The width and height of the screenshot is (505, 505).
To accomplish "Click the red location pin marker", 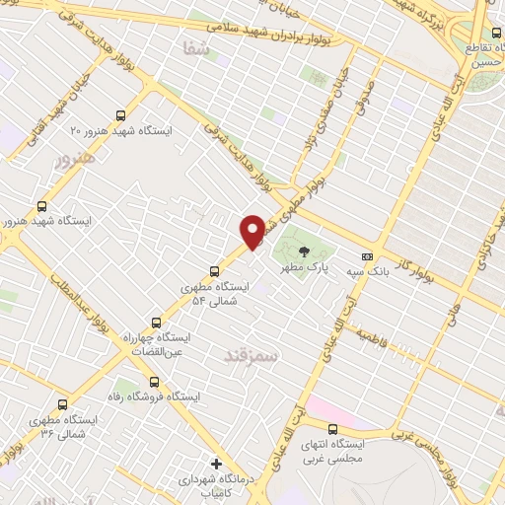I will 252,231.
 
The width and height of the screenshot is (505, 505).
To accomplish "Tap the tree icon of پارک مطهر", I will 302,251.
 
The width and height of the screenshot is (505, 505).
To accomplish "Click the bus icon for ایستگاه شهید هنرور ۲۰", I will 120,115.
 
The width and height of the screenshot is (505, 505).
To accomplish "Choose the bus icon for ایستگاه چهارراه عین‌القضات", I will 156,323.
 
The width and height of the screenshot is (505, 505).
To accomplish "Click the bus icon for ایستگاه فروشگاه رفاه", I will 153,381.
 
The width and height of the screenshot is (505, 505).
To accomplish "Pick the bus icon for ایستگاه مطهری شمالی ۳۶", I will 63,404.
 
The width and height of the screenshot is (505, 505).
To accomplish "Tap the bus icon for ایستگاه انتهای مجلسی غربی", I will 332,429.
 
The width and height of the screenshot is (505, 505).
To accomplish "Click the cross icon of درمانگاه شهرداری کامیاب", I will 216,464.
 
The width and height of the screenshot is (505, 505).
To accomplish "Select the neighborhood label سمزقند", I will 252,353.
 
